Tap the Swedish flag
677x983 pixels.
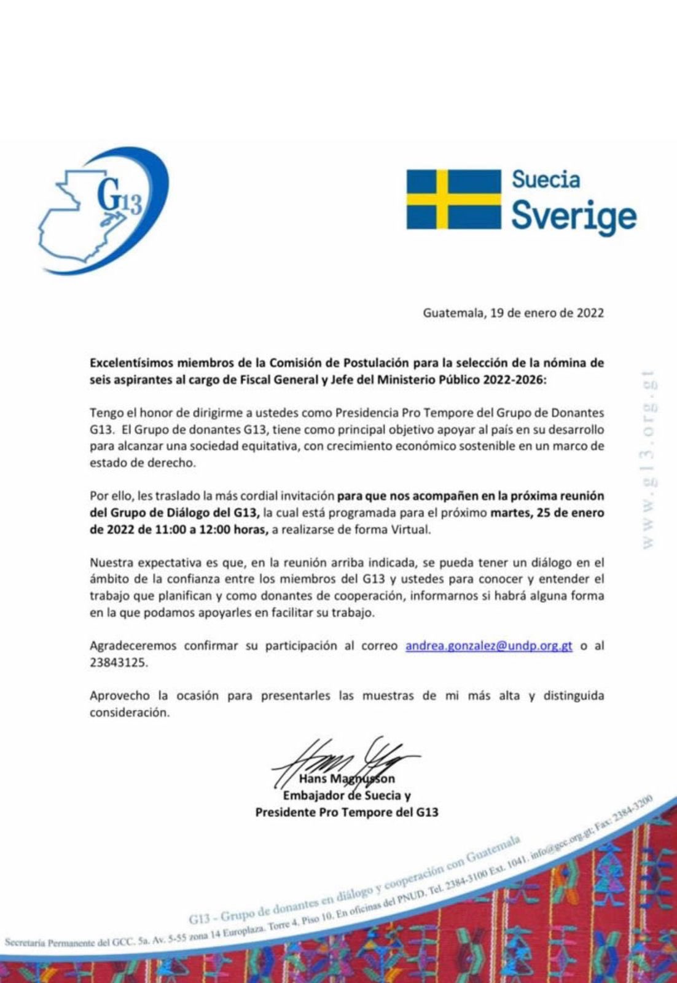click(x=453, y=199)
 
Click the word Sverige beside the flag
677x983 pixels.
click(x=573, y=216)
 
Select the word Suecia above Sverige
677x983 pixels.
click(x=546, y=179)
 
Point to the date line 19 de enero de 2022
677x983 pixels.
click(x=513, y=313)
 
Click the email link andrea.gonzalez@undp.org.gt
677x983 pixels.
click(x=488, y=646)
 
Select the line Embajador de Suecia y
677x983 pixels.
click(x=346, y=796)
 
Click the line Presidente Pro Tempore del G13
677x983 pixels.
click(x=346, y=812)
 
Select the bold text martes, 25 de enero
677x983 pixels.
click(x=547, y=512)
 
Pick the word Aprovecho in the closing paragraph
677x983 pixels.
click(x=119, y=696)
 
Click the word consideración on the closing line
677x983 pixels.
click(x=128, y=713)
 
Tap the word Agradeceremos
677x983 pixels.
click(x=133, y=646)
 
